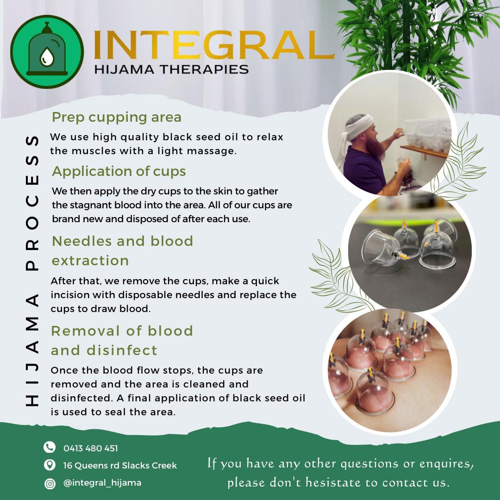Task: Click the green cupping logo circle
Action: coord(47,52)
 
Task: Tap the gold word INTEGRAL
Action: coord(214,45)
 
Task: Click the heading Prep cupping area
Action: coord(117,117)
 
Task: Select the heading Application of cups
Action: coord(119,171)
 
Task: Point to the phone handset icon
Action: coord(50,447)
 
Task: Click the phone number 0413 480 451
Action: coord(91,448)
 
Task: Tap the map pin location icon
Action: coord(50,465)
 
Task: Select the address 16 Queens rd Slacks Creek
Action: coord(120,465)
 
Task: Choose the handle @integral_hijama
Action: coord(102,482)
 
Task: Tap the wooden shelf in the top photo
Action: coord(424,152)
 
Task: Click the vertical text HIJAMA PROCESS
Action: coord(31,271)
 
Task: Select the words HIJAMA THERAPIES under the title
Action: coord(171,69)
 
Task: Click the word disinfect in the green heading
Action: coord(122,350)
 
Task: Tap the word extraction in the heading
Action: coord(90,261)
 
